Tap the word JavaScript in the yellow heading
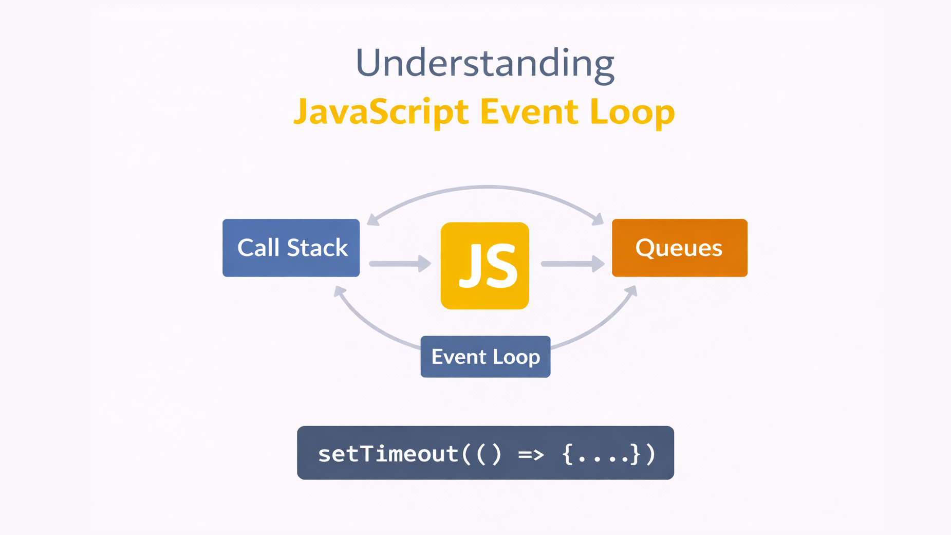pos(381,112)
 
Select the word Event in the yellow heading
pos(529,112)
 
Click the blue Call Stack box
pos(291,248)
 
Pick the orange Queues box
pos(679,248)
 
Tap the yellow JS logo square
pos(484,266)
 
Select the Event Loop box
pos(485,357)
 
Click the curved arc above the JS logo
pos(486,188)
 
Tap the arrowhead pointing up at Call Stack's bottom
pos(339,292)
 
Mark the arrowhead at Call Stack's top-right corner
pos(372,219)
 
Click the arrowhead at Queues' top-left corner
pos(598,219)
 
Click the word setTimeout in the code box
pos(387,454)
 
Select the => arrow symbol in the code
pos(531,454)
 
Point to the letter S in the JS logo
pos(500,266)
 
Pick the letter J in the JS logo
pos(469,266)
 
